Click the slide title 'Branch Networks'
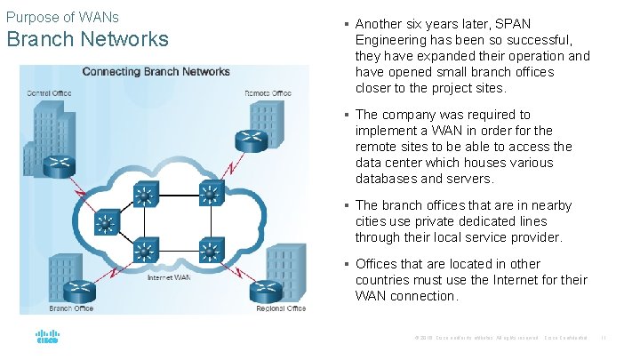click(87, 39)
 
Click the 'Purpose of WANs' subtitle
click(62, 17)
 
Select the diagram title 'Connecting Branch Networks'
click(156, 71)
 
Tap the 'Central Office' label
click(50, 92)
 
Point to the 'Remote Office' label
click(268, 92)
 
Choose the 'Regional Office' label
click(280, 308)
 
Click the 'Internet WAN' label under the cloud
click(169, 277)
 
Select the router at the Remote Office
click(252, 140)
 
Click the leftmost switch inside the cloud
click(107, 223)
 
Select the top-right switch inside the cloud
click(211, 193)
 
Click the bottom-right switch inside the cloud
click(211, 252)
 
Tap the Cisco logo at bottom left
click(46, 337)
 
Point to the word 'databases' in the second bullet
click(386, 179)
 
